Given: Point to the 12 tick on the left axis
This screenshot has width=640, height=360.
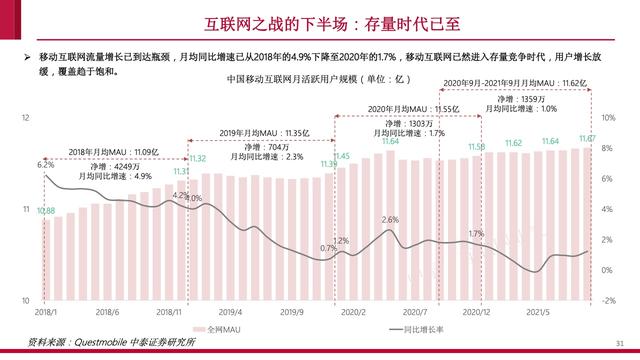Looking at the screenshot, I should (23, 119).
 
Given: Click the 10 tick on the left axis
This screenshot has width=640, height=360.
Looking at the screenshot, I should (23, 301).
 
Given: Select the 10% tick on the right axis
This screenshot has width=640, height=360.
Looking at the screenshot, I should (607, 119).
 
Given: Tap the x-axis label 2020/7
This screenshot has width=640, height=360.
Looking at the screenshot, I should (416, 312).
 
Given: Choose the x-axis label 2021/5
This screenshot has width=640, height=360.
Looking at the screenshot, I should (540, 312).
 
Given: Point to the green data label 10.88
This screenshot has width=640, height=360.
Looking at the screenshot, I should (46, 211).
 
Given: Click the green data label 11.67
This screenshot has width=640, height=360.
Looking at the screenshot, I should (588, 138).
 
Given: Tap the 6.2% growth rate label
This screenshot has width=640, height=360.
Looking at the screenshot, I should (45, 164).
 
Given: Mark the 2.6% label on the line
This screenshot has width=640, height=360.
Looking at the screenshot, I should (391, 219).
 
